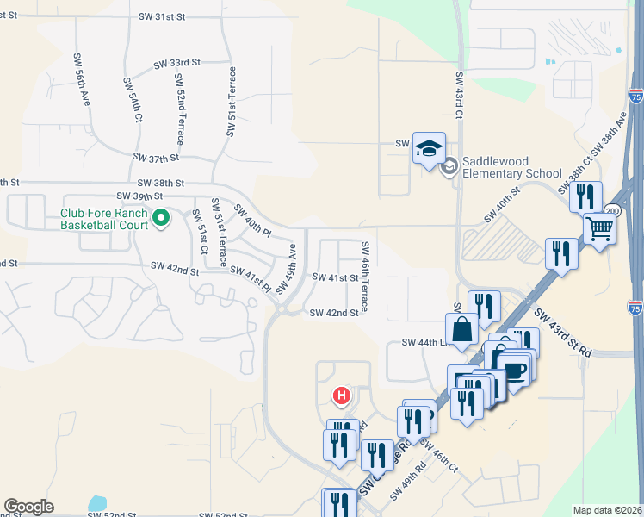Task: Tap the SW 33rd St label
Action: click(176, 63)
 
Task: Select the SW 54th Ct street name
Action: click(135, 102)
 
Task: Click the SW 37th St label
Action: click(156, 158)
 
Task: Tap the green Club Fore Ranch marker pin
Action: click(161, 221)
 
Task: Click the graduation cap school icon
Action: click(429, 147)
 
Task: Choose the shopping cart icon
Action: click(599, 228)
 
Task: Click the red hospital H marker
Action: click(342, 396)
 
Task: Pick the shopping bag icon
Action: click(461, 328)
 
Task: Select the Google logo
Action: click(28, 507)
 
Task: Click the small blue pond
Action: click(96, 502)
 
